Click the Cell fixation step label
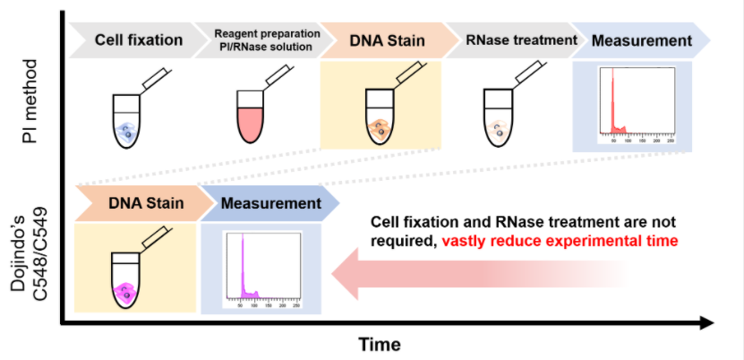point(138,40)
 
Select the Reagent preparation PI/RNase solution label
point(267,40)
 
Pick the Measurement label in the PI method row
point(641,40)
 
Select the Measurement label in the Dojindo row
point(270,203)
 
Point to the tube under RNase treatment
point(498,118)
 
